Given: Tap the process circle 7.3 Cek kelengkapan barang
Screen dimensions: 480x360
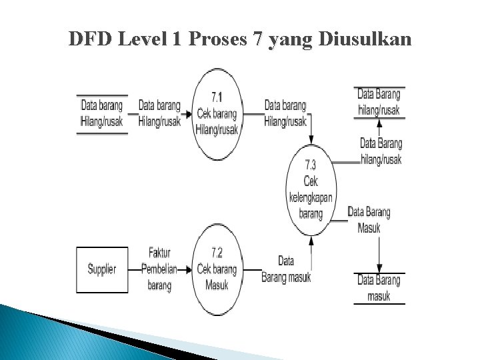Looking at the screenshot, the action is tap(311, 189).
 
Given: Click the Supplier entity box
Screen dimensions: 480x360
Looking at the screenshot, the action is tap(102, 269).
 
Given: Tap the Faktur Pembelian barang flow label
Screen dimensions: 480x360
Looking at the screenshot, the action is tap(159, 269).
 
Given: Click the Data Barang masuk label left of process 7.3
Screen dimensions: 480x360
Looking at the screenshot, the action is tap(286, 269).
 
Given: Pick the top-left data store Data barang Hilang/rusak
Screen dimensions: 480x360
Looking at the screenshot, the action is tap(102, 113).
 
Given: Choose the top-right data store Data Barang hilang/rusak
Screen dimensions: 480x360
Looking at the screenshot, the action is tap(379, 102).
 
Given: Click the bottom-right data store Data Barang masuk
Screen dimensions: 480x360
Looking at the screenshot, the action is tap(379, 288).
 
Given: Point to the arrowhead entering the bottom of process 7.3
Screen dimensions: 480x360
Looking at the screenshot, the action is tap(311, 239).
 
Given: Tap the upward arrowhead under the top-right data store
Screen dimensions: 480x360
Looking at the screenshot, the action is tap(379, 123).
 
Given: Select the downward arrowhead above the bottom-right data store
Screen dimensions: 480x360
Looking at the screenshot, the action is tap(379, 267).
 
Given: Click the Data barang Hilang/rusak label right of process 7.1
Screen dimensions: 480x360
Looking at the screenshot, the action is tap(285, 113).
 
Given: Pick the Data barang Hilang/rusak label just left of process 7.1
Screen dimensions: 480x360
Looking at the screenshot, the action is tap(159, 113).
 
